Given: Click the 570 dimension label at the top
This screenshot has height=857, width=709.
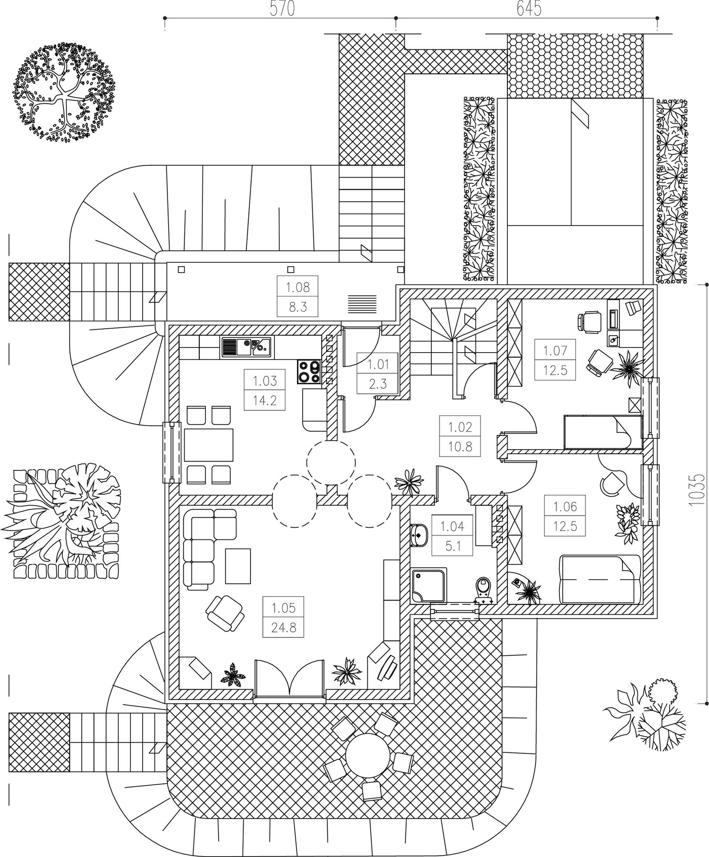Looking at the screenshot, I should click(x=282, y=8).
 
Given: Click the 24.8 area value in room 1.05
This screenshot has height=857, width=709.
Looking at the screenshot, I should click(x=284, y=638).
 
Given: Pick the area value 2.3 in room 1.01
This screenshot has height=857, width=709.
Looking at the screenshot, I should click(x=377, y=384).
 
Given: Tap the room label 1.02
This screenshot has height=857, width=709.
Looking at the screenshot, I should click(x=460, y=427).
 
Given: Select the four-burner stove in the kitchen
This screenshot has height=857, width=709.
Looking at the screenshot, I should click(x=309, y=372).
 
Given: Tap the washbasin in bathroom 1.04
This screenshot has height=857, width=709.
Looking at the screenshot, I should click(x=419, y=535).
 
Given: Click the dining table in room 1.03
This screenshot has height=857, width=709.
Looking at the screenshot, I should click(x=208, y=445).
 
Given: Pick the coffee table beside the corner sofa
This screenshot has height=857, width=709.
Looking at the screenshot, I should click(x=238, y=566).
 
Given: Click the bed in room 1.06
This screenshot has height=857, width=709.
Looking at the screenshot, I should click(x=599, y=579).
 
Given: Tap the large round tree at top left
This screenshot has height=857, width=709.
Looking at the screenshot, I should click(x=63, y=92).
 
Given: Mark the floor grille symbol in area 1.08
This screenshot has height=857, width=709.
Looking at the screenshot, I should click(x=362, y=304).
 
